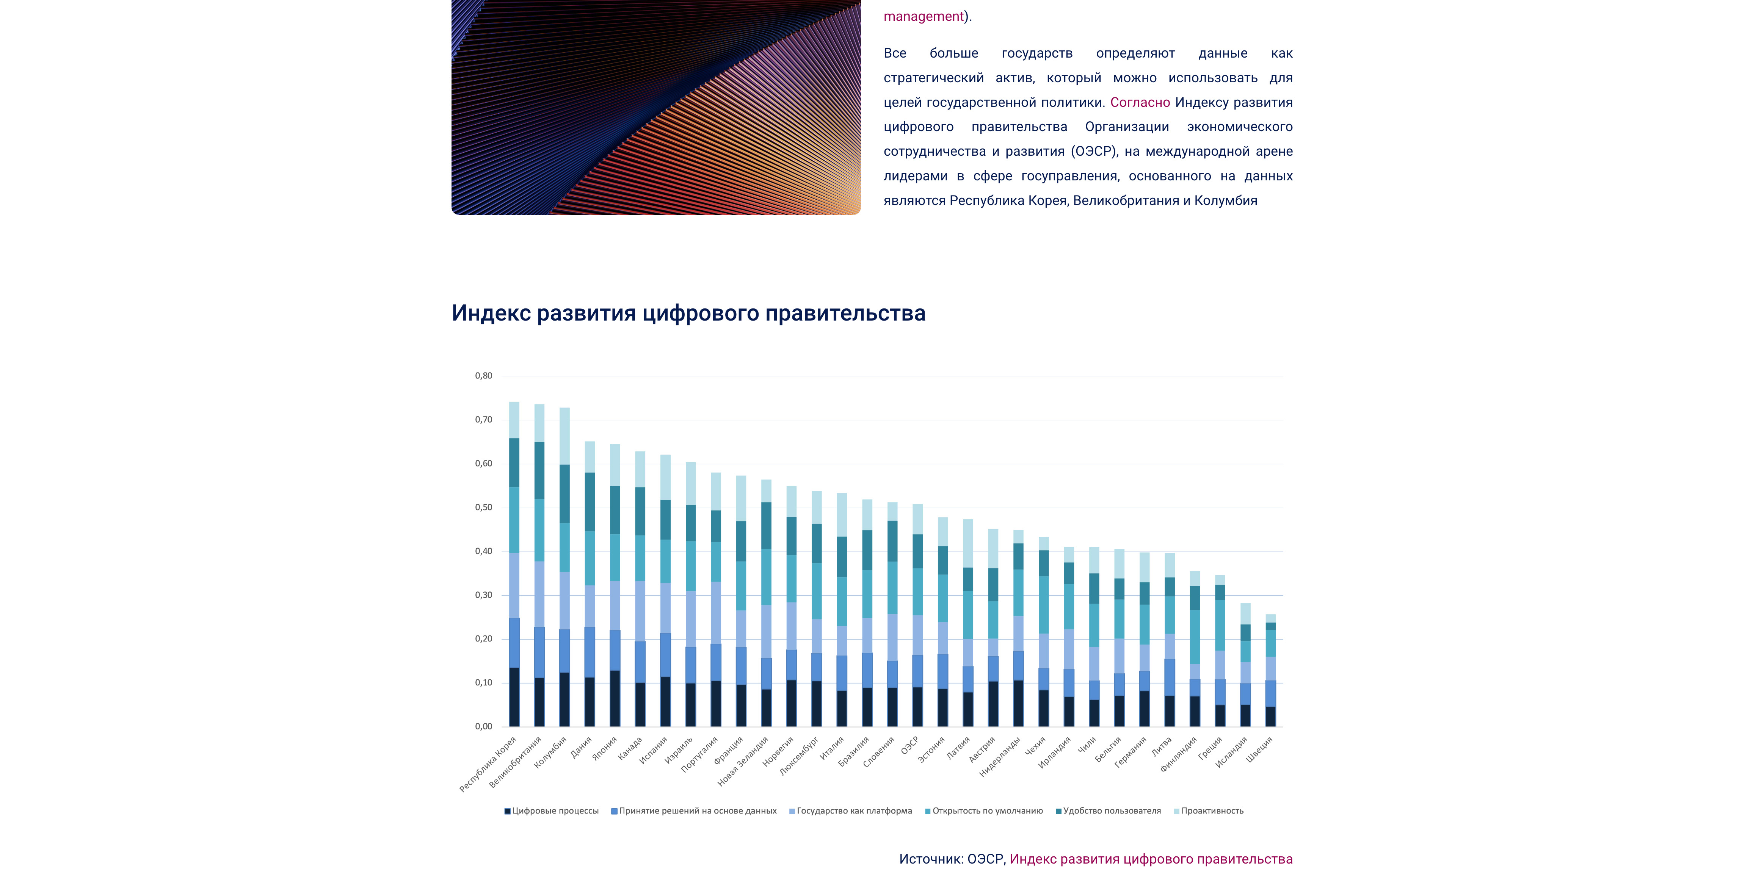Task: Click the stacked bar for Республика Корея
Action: pyautogui.click(x=514, y=565)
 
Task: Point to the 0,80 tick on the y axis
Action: pyautogui.click(x=483, y=376)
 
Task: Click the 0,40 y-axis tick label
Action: pyautogui.click(x=483, y=551)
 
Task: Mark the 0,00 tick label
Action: pyautogui.click(x=483, y=726)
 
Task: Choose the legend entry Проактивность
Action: pyautogui.click(x=1211, y=811)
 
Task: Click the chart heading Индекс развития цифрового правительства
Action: pyautogui.click(x=688, y=313)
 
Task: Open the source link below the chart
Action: pyautogui.click(x=1150, y=859)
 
